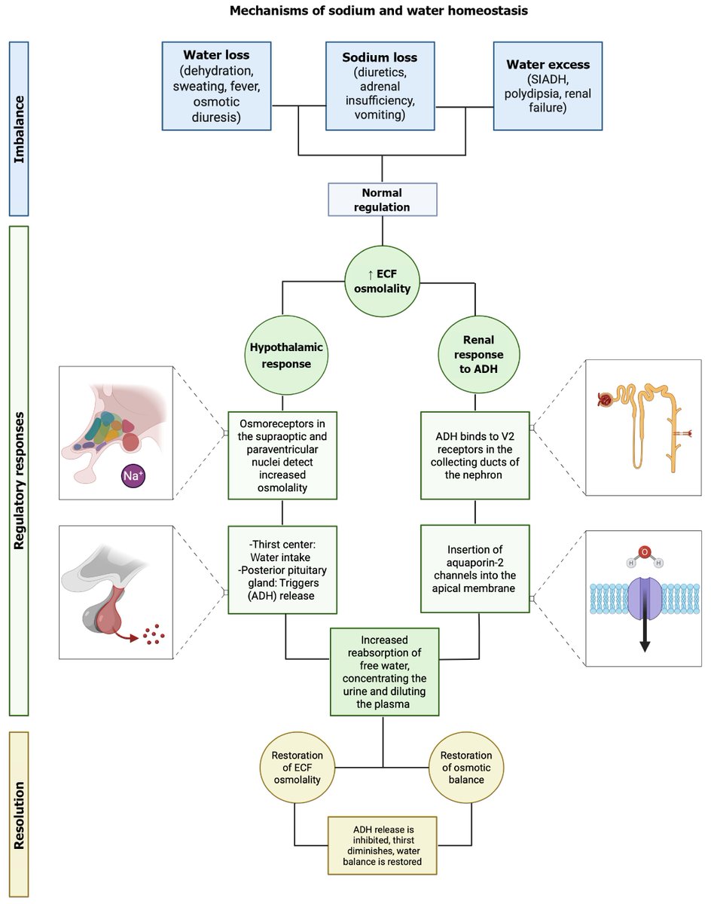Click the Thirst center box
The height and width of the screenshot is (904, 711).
pyautogui.click(x=282, y=570)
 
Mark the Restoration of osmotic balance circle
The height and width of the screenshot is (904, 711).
pyautogui.click(x=466, y=767)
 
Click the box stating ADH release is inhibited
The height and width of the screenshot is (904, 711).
pyautogui.click(x=382, y=844)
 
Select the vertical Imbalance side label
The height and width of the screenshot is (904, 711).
pyautogui.click(x=18, y=129)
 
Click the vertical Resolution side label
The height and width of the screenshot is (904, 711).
pyautogui.click(x=18, y=814)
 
